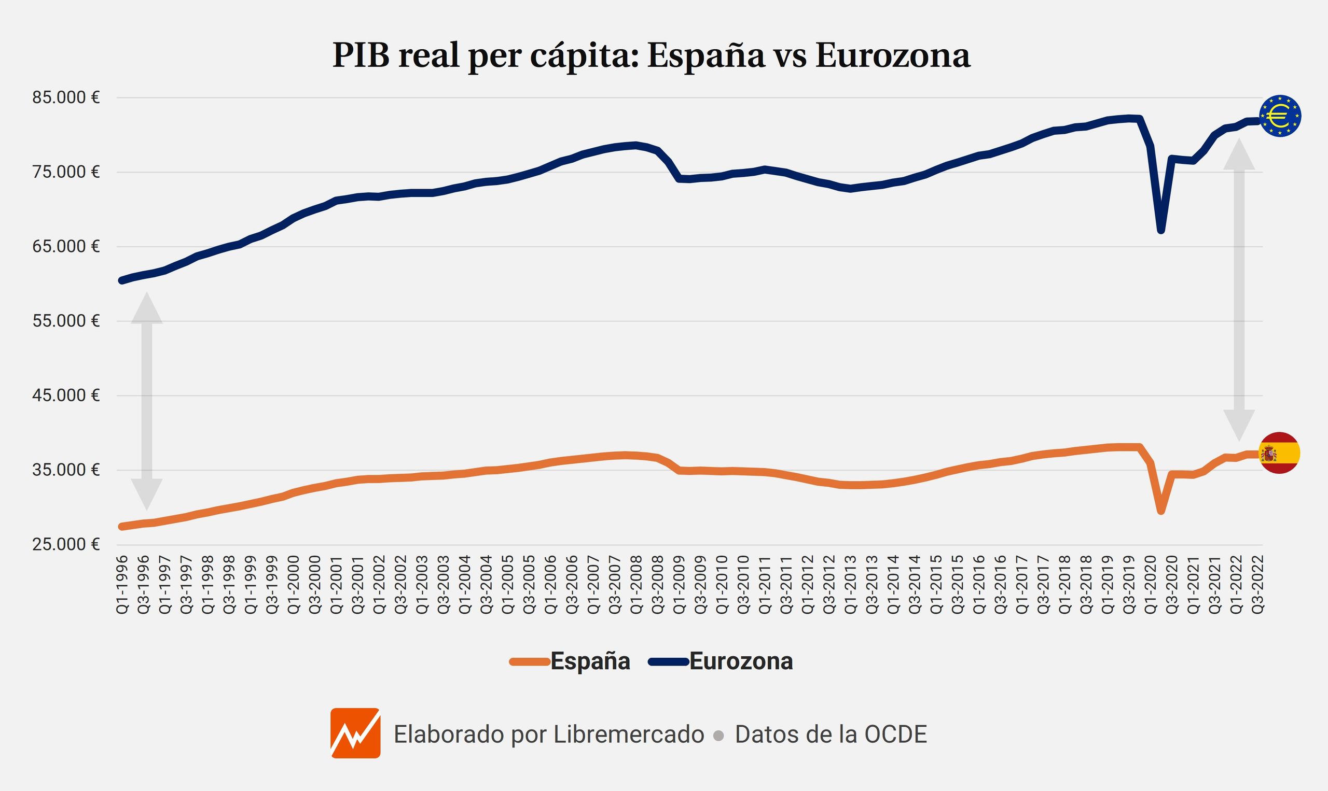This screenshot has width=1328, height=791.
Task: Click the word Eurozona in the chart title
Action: [x=893, y=55]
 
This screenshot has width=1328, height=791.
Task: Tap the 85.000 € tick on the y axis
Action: [x=66, y=97]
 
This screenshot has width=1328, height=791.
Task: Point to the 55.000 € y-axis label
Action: [x=66, y=321]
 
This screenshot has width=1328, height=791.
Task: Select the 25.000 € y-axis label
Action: [x=66, y=544]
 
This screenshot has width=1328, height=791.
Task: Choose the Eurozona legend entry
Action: [x=722, y=661]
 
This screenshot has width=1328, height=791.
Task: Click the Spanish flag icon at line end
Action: [x=1279, y=453]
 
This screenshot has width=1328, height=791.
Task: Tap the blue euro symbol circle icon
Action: [x=1280, y=116]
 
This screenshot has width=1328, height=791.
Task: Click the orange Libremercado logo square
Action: [x=355, y=733]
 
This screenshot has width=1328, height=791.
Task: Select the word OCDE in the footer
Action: [x=895, y=734]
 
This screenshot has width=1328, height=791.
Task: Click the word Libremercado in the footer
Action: [x=629, y=734]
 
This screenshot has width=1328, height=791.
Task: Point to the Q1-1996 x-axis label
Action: [x=122, y=585]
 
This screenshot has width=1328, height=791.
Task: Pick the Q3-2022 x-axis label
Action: [x=1257, y=585]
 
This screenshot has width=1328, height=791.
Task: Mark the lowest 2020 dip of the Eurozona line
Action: [x=1161, y=230]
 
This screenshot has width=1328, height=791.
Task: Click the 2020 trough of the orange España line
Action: [x=1161, y=511]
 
